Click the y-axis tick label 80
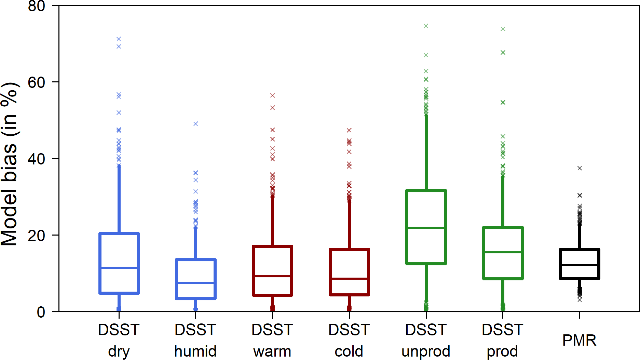[36, 6]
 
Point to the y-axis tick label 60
[36, 82]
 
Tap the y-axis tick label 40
[36, 159]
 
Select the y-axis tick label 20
[36, 236]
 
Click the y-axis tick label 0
[41, 312]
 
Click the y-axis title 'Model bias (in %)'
[9, 164]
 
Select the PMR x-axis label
[580, 340]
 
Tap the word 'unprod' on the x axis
[426, 351]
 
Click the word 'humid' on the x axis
[195, 351]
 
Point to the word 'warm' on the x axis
[272, 351]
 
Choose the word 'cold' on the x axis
[349, 351]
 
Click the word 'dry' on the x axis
[119, 351]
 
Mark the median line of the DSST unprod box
[426, 227]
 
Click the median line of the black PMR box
[580, 265]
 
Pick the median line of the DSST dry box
[119, 267]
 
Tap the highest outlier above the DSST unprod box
[426, 26]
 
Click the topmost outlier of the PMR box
[580, 168]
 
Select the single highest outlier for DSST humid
[196, 124]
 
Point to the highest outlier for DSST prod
[503, 29]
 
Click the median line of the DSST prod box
[503, 252]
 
